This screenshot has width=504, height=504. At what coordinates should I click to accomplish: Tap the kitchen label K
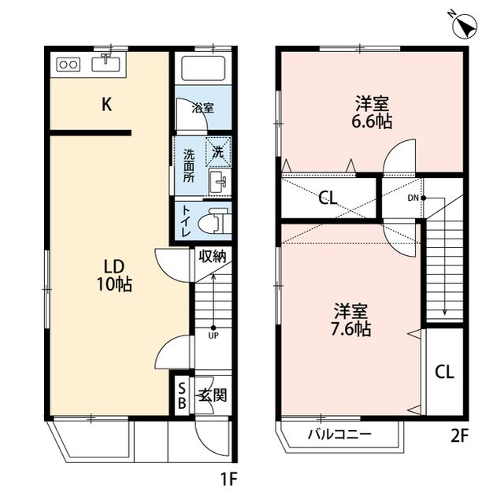tap(105, 103)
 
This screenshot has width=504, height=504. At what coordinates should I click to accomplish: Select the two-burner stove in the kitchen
tap(67, 65)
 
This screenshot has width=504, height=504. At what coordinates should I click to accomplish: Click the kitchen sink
tap(105, 63)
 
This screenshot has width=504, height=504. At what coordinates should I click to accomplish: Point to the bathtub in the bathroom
tap(202, 69)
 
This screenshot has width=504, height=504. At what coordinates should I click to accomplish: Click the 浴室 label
tap(203, 107)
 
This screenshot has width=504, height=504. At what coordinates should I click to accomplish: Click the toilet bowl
tap(210, 221)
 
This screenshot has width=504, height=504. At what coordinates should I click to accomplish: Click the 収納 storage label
tap(212, 256)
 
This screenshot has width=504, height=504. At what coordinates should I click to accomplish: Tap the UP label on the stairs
tap(213, 335)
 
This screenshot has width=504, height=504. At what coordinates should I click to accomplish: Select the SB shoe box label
tap(182, 396)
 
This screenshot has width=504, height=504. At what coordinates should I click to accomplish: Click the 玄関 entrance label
tap(212, 395)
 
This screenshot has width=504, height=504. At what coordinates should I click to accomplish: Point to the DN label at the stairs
tap(413, 198)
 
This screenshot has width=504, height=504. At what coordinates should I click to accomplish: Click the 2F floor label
tap(460, 435)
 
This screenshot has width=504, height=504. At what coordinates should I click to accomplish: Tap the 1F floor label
tap(228, 477)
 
